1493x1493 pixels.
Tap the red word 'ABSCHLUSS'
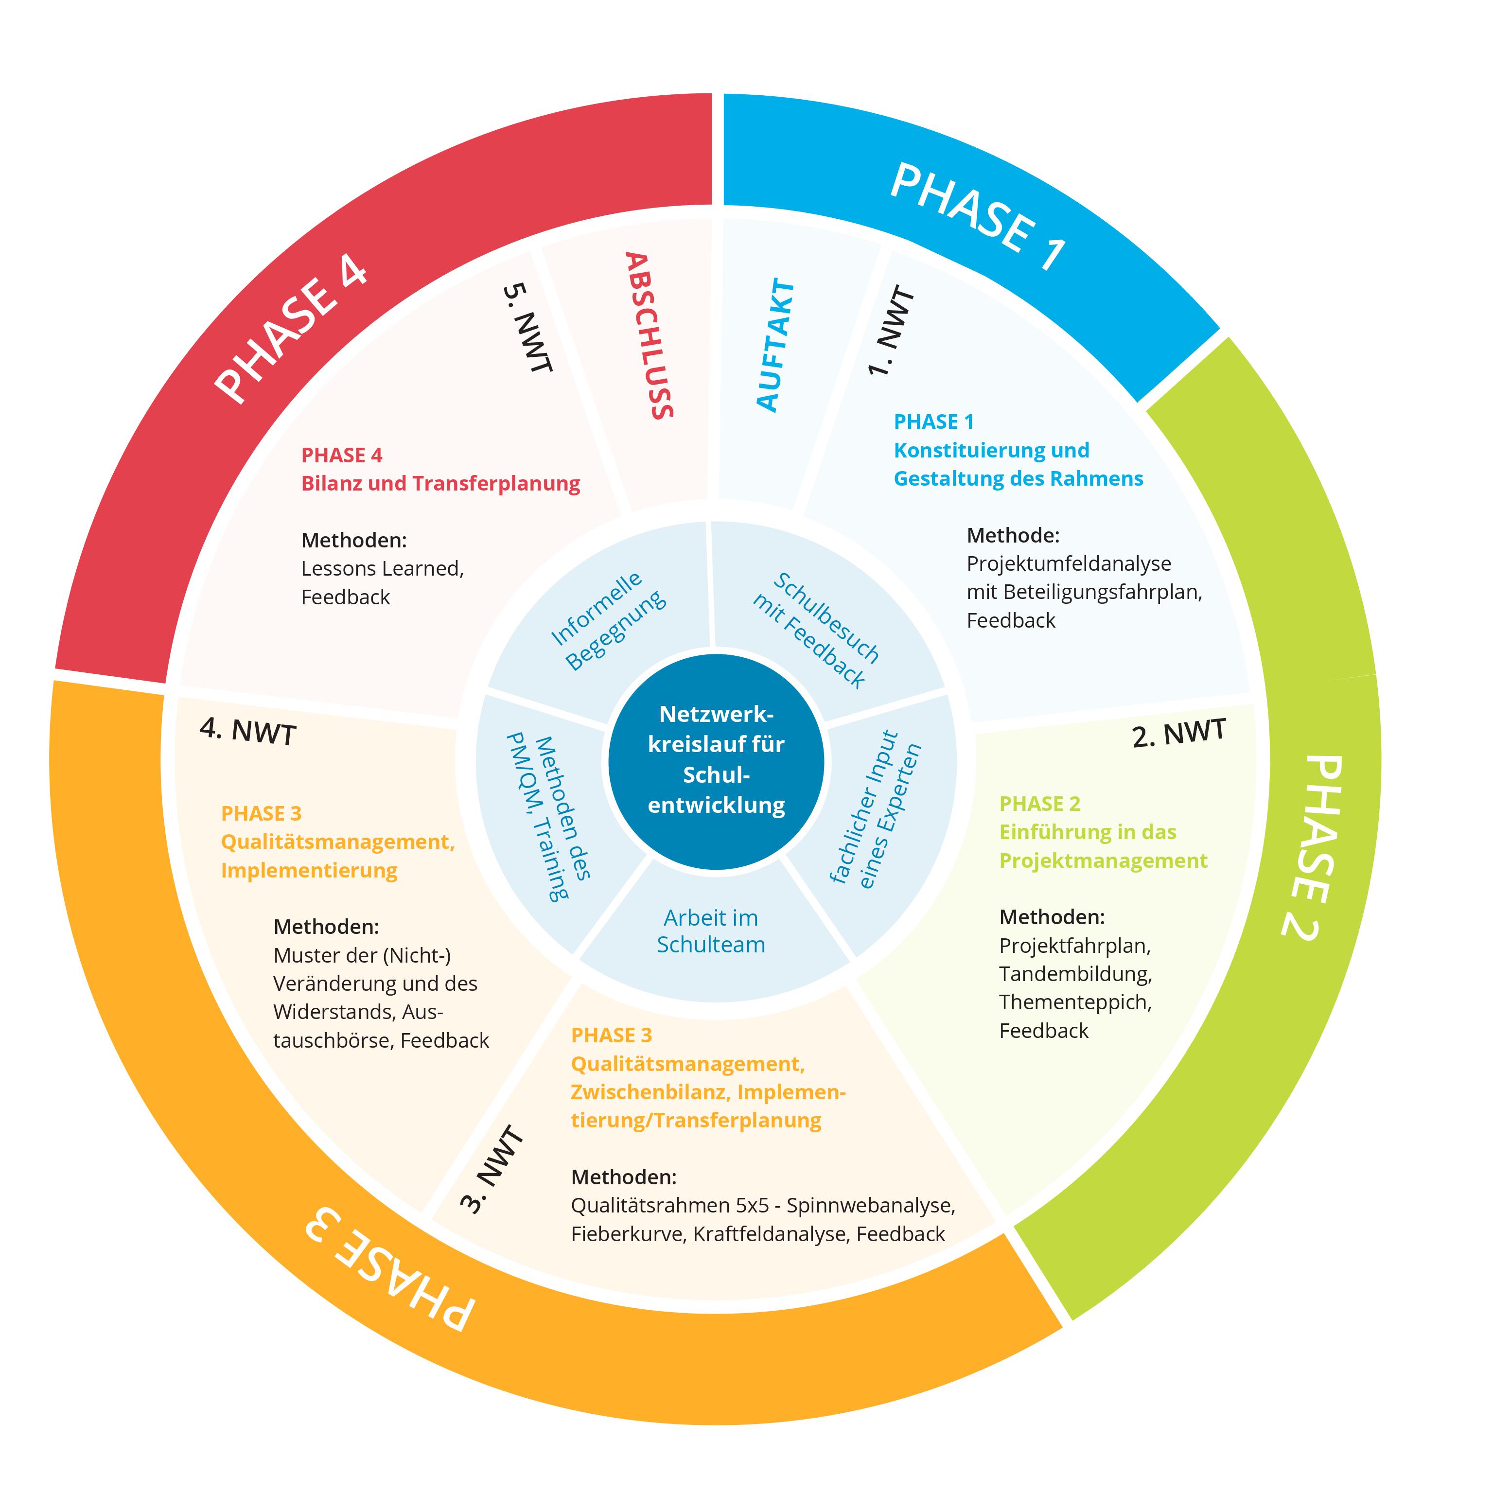click(x=649, y=335)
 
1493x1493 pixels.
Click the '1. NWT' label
click(x=891, y=331)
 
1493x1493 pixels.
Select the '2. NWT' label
click(x=1178, y=733)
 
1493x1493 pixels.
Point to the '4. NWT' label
click(x=248, y=730)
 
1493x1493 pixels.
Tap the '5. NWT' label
click(x=528, y=328)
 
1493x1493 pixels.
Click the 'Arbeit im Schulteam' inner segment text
click(x=711, y=931)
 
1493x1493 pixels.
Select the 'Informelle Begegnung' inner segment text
click(x=608, y=620)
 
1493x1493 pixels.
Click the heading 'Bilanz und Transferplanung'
click(x=440, y=484)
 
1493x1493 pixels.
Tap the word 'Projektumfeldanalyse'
click(x=1069, y=563)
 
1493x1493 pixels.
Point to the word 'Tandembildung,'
click(x=1075, y=974)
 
